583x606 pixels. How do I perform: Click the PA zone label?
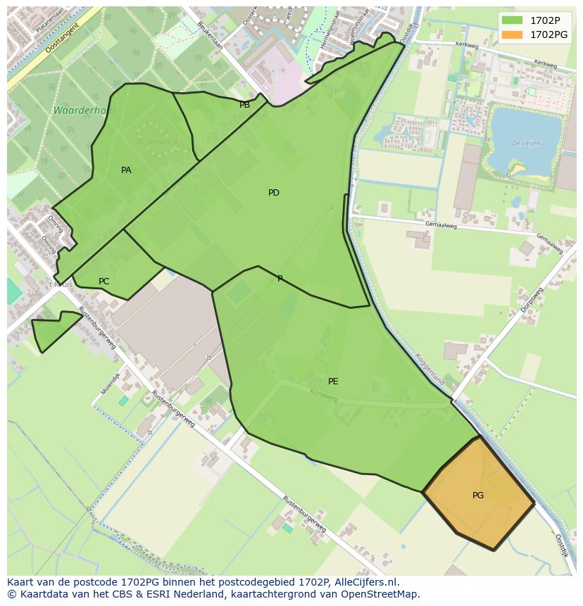point(126,170)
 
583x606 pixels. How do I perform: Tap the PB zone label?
point(244,106)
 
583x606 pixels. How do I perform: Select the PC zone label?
point(104,282)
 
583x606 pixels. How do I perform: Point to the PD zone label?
point(274,193)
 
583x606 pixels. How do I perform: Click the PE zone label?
point(333,381)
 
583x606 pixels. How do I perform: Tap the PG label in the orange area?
point(478,495)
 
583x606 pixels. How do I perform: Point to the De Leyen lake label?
point(526,143)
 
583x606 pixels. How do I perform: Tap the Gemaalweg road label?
point(441,226)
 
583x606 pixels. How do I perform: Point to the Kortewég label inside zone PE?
point(325,397)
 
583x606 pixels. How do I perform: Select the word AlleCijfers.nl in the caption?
point(365,582)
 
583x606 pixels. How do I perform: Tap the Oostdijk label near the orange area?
point(560,545)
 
